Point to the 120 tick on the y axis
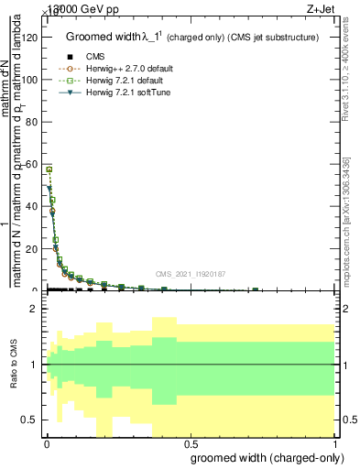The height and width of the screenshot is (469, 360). pos(30,38)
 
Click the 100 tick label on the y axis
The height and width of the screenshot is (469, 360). pos(30,80)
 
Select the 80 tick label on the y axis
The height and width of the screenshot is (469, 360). pos(33,122)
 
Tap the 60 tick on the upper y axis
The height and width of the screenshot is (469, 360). pos(33,164)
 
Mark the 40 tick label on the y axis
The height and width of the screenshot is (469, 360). pos(33,206)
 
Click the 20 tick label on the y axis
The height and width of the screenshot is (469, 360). pos(33,248)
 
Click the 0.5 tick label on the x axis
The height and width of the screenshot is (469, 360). pos(189,443)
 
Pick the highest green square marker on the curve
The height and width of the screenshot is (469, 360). pos(49,169)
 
